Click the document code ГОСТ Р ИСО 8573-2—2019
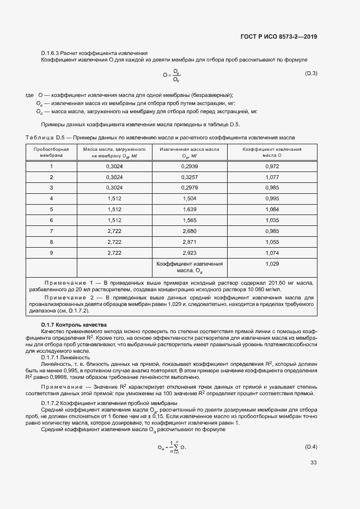pyautogui.click(x=279, y=37)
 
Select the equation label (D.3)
pyautogui.click(x=311, y=73)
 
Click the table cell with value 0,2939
pyautogui.click(x=190, y=167)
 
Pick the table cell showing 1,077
pyautogui.click(x=271, y=177)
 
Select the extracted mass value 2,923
pyautogui.click(x=190, y=253)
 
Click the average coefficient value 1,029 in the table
pyautogui.click(x=271, y=263)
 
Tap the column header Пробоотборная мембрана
pyautogui.click(x=51, y=152)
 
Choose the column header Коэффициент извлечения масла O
pyautogui.click(x=271, y=152)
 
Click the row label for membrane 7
pyautogui.click(x=51, y=231)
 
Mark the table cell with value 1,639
pyautogui.click(x=190, y=210)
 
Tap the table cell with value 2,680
pyautogui.click(x=190, y=231)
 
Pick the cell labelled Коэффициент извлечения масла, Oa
pyautogui.click(x=190, y=267)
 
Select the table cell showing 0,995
pyautogui.click(x=271, y=199)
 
